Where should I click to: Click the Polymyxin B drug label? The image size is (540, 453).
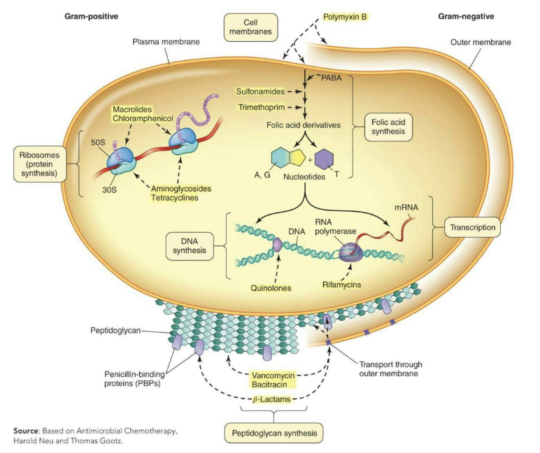click(x=345, y=15)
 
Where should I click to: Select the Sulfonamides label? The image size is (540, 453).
click(x=261, y=90)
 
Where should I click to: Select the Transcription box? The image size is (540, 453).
click(x=472, y=227)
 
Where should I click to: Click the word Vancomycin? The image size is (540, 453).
click(x=273, y=374)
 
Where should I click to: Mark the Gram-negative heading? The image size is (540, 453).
click(x=463, y=15)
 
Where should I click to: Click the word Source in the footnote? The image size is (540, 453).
click(x=27, y=431)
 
